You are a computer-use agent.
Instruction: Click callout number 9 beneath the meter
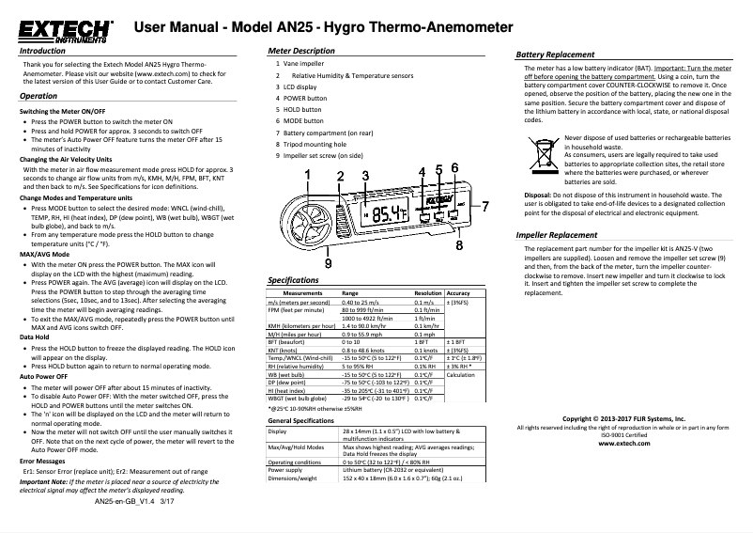tap(327, 265)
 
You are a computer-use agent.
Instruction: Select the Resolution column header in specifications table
tap(427, 293)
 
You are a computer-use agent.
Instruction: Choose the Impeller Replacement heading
tap(557, 233)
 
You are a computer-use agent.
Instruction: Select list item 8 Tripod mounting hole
tap(310, 145)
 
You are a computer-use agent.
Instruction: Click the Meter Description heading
tap(301, 49)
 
